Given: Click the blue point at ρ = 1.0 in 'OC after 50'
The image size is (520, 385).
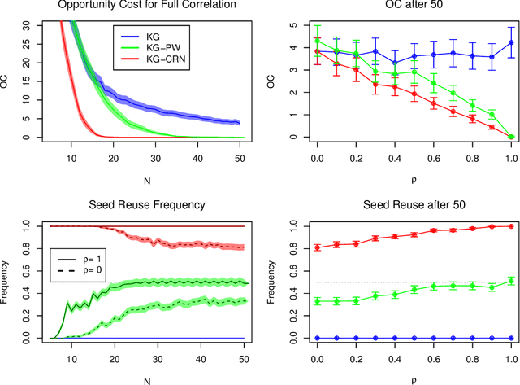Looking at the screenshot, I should click(511, 42).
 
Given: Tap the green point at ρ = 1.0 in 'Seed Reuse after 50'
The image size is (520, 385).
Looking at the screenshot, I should click(511, 281).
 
